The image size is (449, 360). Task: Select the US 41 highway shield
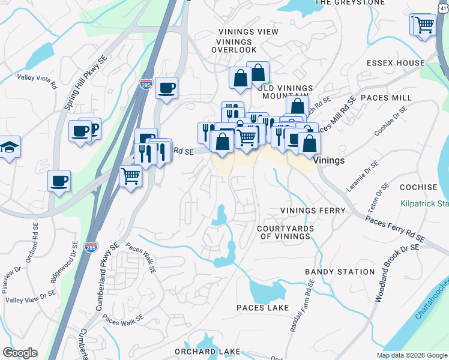[x=441, y=5]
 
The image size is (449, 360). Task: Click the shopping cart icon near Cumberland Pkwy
[x=130, y=177]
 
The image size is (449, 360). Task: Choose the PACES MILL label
[x=385, y=98]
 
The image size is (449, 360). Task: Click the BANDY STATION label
[x=340, y=272]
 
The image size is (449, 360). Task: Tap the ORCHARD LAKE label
[x=207, y=351]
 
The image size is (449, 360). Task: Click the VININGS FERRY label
[x=313, y=211]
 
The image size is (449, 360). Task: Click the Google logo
[x=20, y=353]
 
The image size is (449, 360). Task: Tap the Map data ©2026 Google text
[x=412, y=355]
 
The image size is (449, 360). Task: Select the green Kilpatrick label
[x=425, y=204]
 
